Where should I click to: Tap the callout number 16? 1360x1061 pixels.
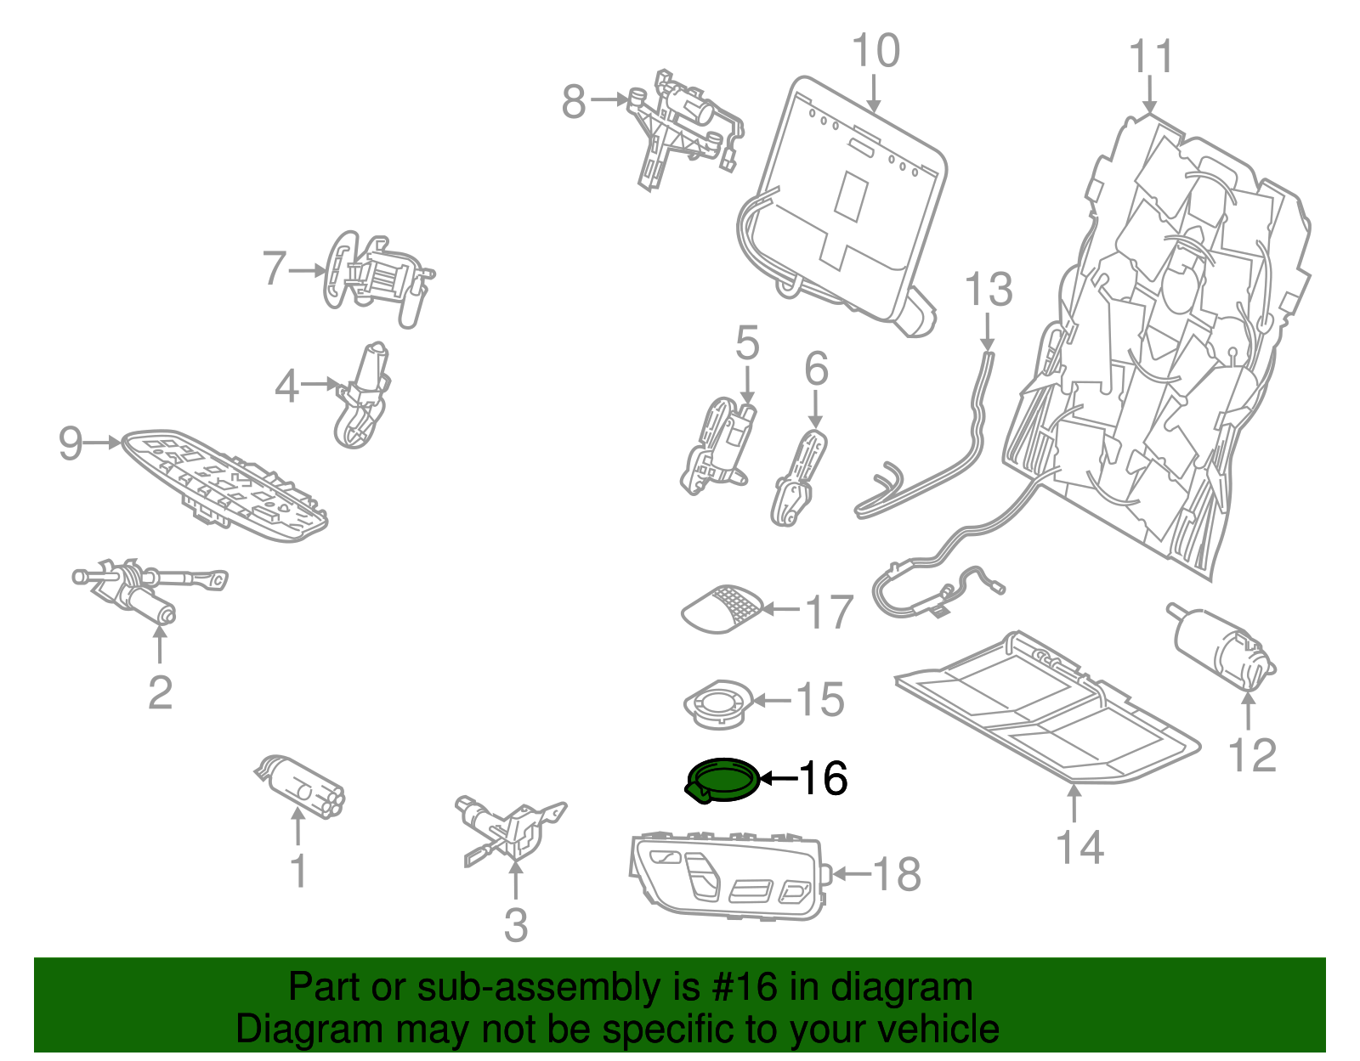click(x=823, y=778)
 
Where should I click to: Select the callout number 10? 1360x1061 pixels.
click(x=875, y=51)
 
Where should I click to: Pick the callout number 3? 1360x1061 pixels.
click(x=516, y=925)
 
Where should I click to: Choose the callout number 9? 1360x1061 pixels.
click(x=70, y=443)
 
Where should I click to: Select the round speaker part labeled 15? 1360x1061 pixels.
click(x=719, y=704)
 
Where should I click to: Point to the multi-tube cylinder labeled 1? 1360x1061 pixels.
click(x=300, y=786)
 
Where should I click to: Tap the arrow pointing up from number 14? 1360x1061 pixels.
click(x=1074, y=804)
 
